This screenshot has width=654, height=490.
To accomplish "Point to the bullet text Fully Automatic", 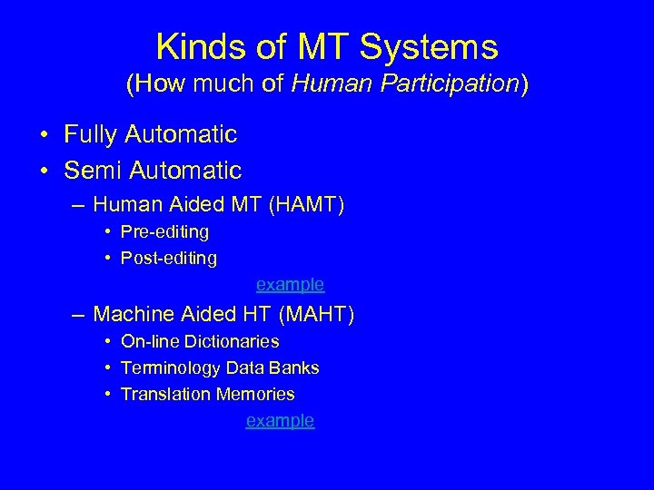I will click(x=150, y=135).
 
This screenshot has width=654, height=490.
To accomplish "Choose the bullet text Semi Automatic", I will click(x=153, y=170).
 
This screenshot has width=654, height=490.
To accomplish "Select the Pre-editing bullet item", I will click(x=164, y=232).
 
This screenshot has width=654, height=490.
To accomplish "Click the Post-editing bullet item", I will click(x=169, y=259).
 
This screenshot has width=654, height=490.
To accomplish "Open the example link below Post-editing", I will click(x=290, y=285).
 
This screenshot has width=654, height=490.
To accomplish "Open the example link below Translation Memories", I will click(x=281, y=421).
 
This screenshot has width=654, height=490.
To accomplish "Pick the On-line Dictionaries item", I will click(x=200, y=342).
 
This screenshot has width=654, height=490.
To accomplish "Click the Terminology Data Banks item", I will click(x=220, y=368).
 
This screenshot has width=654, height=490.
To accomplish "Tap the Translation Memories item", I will click(x=207, y=395).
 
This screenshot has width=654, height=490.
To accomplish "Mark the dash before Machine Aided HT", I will click(x=80, y=316).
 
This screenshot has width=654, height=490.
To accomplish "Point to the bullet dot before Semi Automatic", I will click(x=44, y=171).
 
